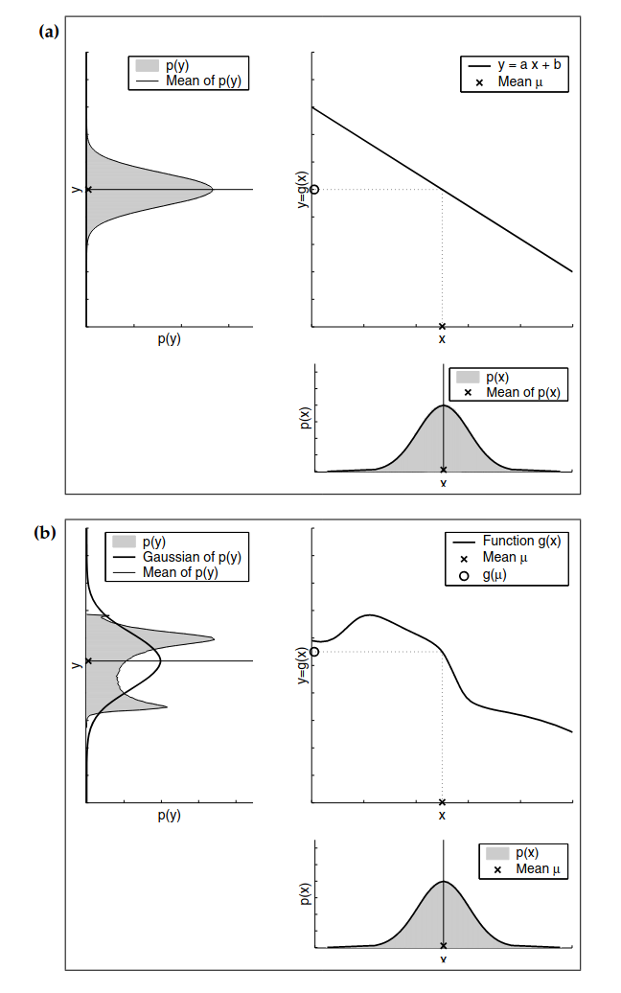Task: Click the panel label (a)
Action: click(49, 32)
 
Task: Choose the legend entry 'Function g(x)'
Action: click(508, 541)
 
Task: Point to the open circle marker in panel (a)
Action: click(314, 190)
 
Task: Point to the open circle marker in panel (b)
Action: click(314, 652)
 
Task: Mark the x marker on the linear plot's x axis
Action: click(442, 326)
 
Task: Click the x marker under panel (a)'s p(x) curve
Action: click(443, 470)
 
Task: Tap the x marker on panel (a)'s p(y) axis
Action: click(89, 190)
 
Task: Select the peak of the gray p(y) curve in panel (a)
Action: click(212, 190)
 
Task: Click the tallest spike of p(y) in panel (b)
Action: click(213, 638)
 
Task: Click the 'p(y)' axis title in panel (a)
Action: click(169, 339)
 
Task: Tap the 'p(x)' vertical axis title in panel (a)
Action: click(305, 419)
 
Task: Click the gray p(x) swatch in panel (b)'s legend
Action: click(497, 853)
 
